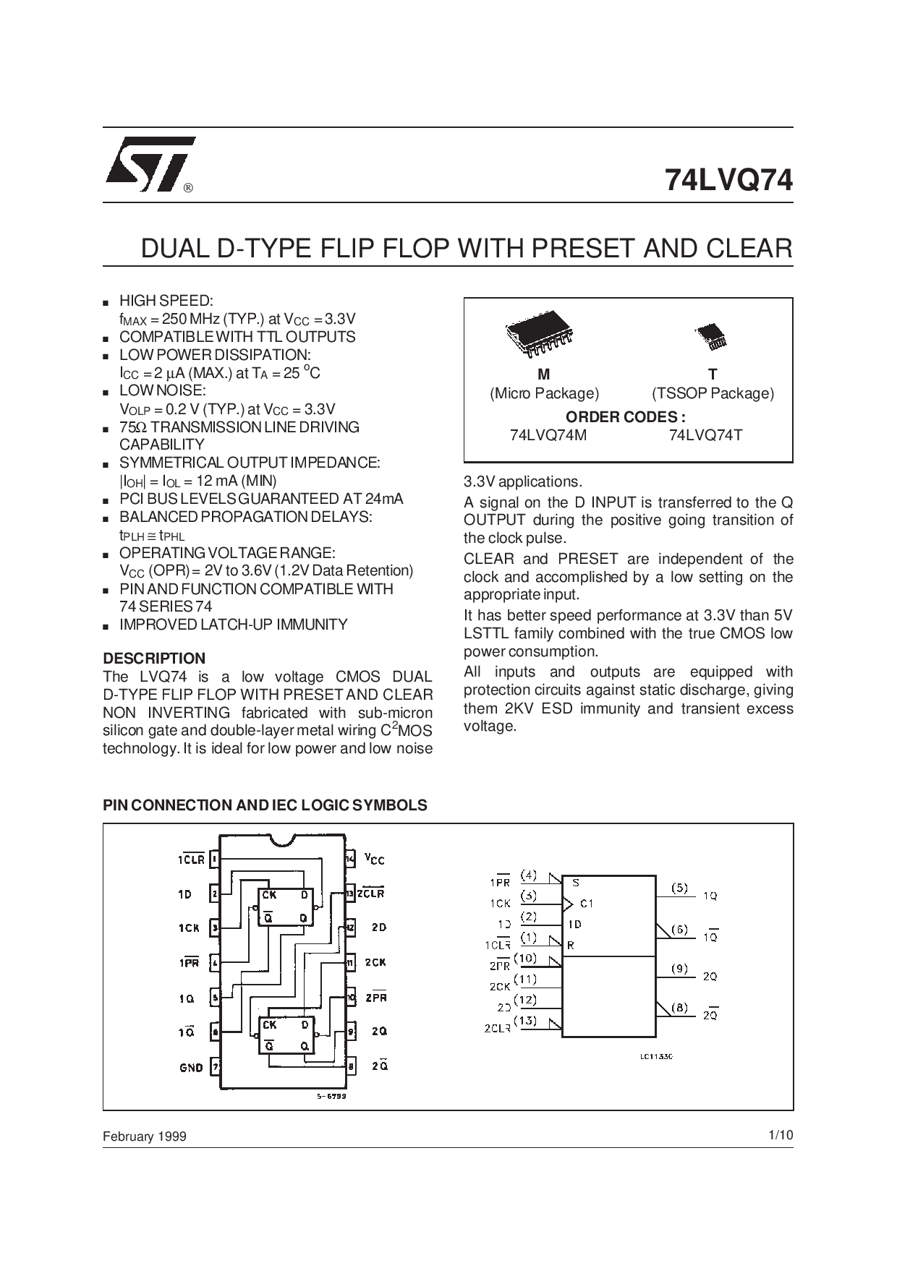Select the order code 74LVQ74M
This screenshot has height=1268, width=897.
point(543,435)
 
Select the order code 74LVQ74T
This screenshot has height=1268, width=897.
point(706,435)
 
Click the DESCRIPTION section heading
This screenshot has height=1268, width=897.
point(154,659)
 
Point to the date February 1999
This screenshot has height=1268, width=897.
point(145,1136)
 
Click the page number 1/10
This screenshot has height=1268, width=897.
point(781,1136)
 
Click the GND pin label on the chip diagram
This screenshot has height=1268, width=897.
point(191,1067)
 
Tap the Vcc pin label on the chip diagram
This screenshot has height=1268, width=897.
point(375,859)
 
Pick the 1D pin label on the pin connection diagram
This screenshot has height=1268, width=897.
point(185,894)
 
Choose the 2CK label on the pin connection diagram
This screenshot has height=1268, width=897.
point(375,962)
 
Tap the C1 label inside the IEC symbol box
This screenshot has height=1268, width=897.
point(587,903)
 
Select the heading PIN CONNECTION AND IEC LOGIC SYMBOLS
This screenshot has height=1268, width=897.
point(265,805)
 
